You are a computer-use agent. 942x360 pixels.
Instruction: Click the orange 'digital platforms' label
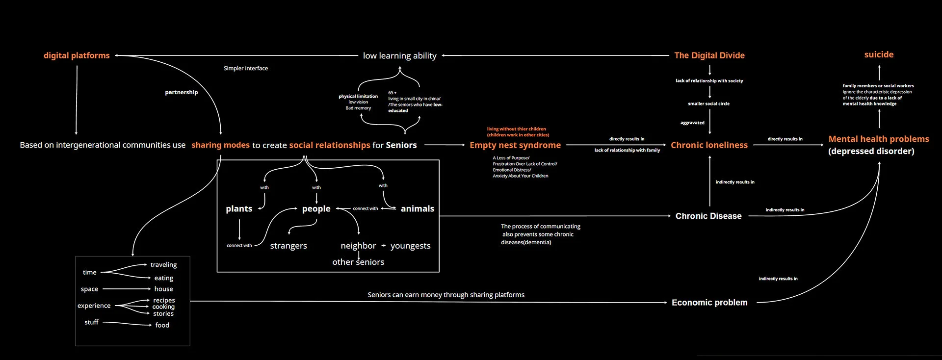(77, 55)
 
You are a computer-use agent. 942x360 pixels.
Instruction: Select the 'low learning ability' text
(399, 56)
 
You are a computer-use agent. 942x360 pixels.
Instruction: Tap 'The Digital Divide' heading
(709, 55)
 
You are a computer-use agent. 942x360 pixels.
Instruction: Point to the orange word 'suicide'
(879, 54)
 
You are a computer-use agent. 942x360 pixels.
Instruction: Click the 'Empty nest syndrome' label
(515, 145)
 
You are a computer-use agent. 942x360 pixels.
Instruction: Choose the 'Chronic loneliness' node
(709, 145)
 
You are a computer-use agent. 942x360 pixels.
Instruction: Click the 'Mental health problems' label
(879, 139)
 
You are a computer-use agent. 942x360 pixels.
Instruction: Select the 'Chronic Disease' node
(708, 216)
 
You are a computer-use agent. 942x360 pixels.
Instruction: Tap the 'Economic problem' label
(709, 303)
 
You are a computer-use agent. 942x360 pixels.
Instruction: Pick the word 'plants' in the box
(239, 209)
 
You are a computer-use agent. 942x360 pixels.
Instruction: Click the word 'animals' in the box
(418, 209)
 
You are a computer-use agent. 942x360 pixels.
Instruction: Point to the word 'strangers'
(288, 246)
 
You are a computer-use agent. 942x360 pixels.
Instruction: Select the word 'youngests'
(410, 246)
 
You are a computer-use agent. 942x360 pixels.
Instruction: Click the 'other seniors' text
(358, 262)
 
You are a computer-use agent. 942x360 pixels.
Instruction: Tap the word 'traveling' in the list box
(163, 265)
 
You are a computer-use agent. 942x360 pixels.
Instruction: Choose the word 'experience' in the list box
(94, 306)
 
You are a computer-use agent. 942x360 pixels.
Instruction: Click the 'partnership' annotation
(182, 92)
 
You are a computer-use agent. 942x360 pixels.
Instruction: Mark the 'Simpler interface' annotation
(246, 68)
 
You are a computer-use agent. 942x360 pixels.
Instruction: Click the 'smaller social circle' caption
(708, 104)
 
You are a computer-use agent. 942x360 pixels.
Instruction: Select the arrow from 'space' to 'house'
(126, 289)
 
